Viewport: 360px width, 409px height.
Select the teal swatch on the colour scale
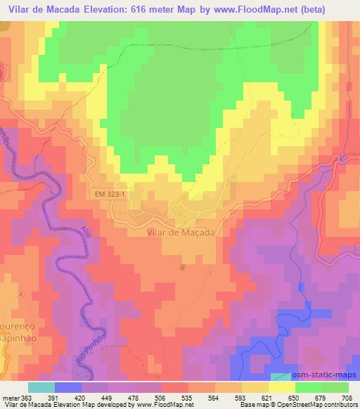coord(41,387)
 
